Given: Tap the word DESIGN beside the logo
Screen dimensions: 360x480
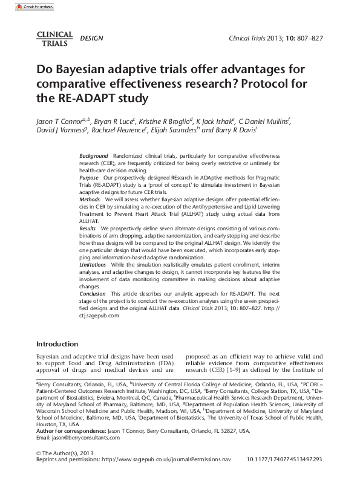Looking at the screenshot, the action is (x=91, y=39).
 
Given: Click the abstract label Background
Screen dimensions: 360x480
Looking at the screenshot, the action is (x=94, y=156).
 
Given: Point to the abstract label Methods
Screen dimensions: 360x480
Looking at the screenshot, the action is (x=90, y=199).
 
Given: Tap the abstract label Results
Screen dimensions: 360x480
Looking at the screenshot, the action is (x=88, y=228).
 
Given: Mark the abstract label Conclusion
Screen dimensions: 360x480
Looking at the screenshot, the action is (x=93, y=293).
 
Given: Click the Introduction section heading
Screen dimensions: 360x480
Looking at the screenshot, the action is (x=57, y=343).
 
